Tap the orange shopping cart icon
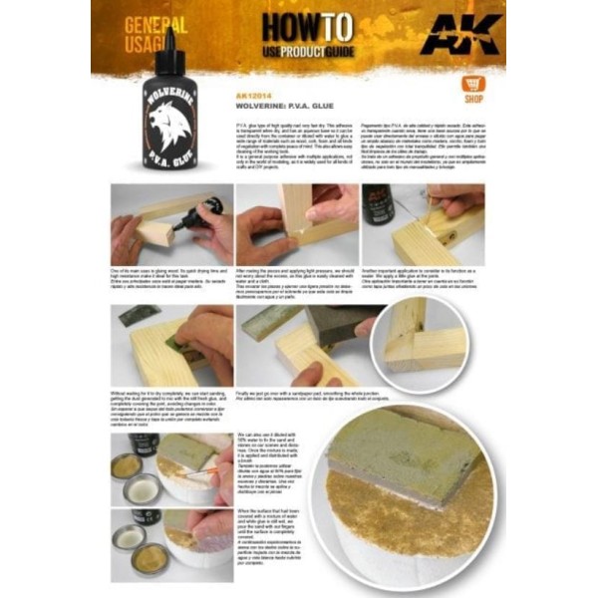click(x=473, y=84)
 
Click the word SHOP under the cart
click(x=473, y=100)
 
